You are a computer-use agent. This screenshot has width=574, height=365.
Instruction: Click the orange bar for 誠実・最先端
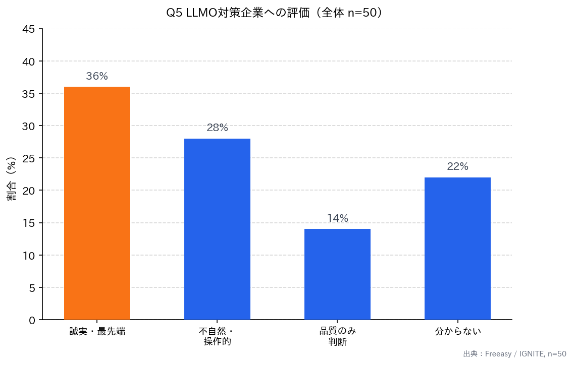(97, 203)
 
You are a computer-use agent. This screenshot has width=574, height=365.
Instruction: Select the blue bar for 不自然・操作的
(217, 229)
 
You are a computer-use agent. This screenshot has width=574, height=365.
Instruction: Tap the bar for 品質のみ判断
(337, 274)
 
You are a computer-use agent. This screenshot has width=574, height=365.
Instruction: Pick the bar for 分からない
(457, 249)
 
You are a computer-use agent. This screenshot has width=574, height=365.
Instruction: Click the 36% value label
(97, 77)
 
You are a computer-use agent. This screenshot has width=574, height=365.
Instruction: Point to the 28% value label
(217, 128)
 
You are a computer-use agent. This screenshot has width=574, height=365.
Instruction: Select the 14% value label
(337, 218)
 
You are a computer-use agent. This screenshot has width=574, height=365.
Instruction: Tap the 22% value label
(457, 167)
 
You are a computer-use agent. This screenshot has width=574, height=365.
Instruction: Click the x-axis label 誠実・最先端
(97, 332)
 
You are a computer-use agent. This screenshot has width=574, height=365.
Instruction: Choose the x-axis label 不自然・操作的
(217, 337)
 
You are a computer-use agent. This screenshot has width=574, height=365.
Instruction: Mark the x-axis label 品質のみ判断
(337, 337)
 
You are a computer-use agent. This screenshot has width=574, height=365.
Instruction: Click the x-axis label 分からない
(457, 332)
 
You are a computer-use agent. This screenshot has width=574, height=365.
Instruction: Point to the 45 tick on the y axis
(29, 29)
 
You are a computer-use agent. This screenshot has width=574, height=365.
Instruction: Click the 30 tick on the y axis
(29, 126)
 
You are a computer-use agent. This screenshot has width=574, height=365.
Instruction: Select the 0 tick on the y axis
(32, 320)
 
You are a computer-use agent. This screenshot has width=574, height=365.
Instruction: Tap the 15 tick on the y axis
(29, 223)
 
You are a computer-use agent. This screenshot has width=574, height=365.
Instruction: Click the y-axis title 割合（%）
(12, 179)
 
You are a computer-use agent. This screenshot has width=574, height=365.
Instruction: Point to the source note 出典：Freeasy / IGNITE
(514, 354)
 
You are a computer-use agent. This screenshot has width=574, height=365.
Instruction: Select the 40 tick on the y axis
(29, 62)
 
